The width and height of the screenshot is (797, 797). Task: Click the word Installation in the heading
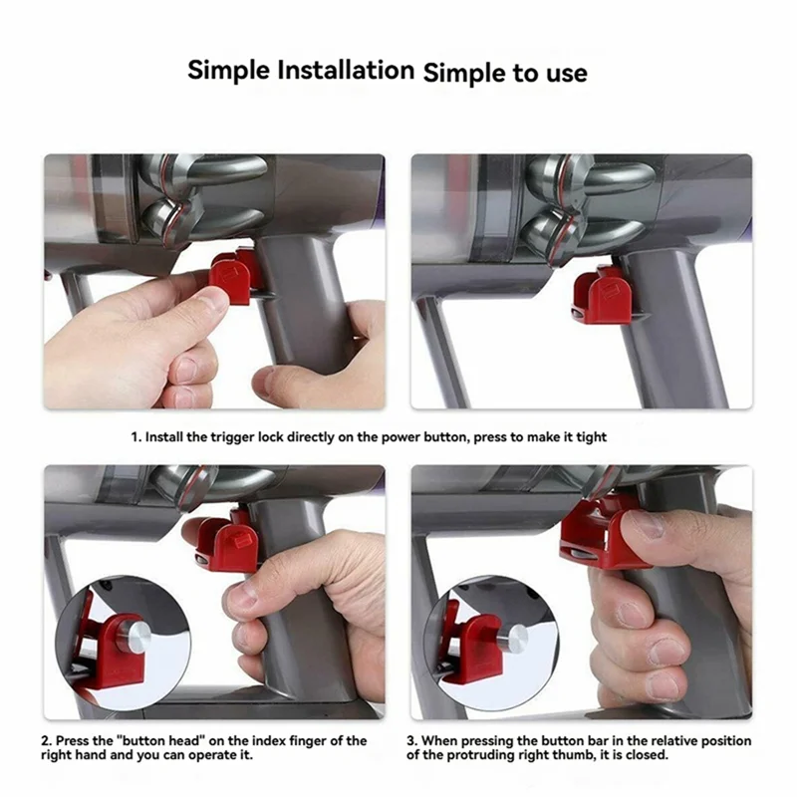tap(346, 70)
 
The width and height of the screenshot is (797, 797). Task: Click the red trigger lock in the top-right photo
tap(603, 296)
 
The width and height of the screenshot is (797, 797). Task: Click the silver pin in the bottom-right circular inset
tap(511, 638)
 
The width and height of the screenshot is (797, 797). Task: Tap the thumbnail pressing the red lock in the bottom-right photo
tap(642, 524)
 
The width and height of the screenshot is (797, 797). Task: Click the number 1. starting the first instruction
tap(136, 437)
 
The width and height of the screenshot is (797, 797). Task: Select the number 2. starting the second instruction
tap(46, 740)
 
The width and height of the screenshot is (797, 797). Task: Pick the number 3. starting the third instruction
tap(411, 740)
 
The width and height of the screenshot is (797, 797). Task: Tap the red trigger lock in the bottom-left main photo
tap(223, 543)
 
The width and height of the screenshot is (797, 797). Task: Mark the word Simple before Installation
tap(229, 70)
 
